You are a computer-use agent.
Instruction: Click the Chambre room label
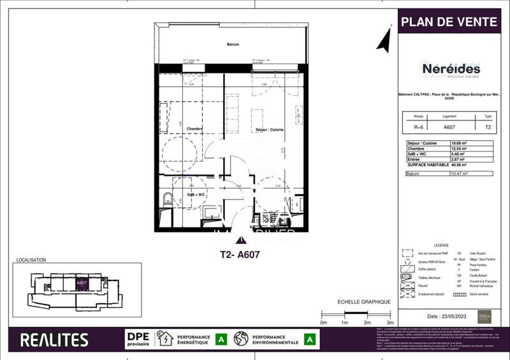(194, 129)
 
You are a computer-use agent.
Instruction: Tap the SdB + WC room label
(195, 194)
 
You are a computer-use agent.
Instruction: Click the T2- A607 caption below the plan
(239, 254)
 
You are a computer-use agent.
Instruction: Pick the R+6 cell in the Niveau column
(418, 126)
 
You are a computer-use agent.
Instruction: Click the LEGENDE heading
(441, 245)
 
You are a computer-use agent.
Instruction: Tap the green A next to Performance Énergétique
(221, 340)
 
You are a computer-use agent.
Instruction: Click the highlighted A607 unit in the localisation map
(82, 284)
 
